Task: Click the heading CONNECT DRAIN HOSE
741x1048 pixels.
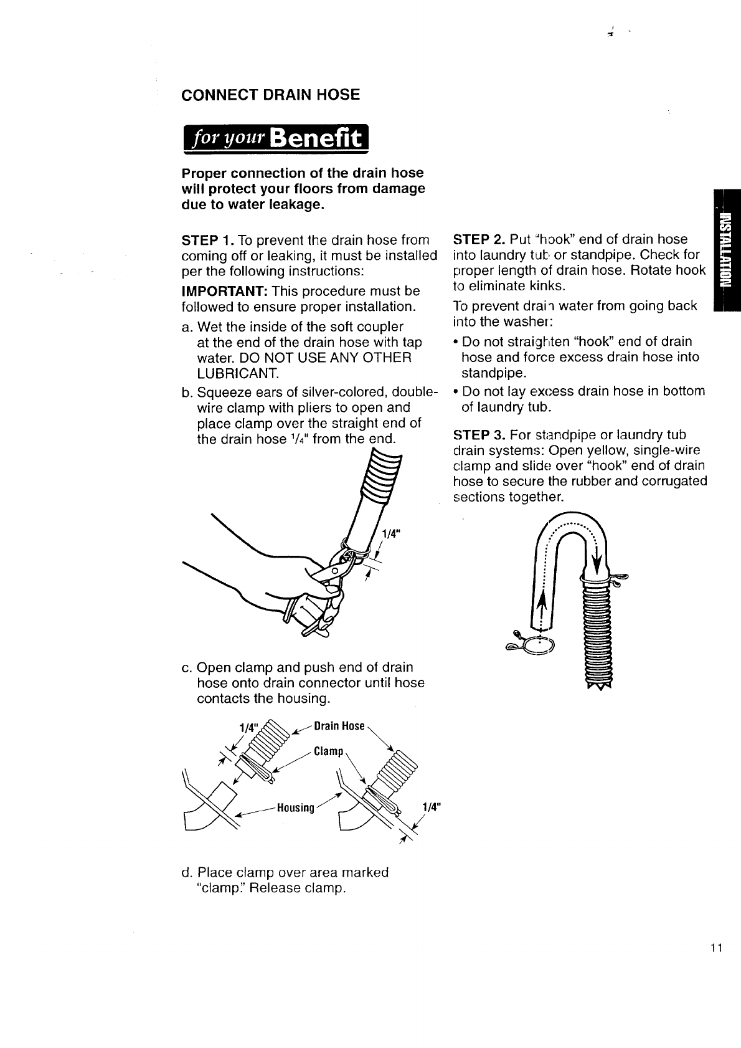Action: click(x=270, y=95)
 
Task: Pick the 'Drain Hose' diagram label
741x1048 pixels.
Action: click(x=339, y=726)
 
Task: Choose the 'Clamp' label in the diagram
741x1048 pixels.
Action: click(x=328, y=751)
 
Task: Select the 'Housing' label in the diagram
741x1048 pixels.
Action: click(x=296, y=808)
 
